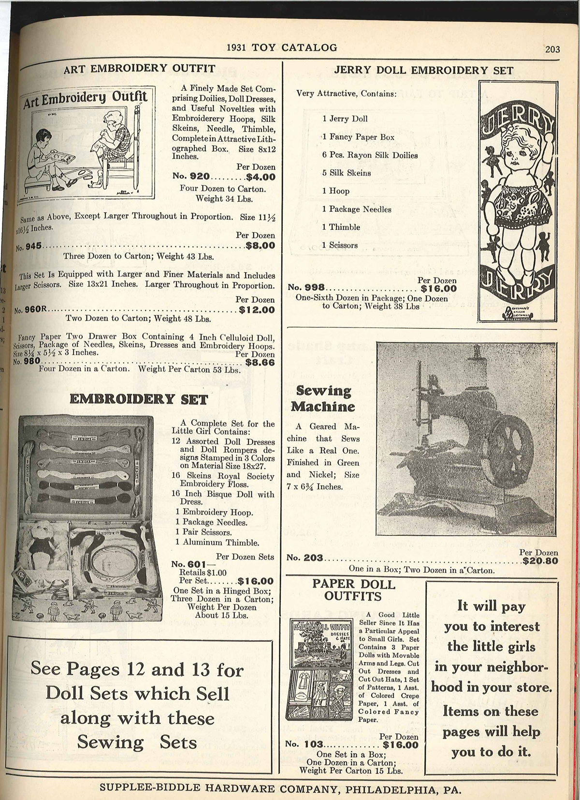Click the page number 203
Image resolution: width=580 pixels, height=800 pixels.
(551, 49)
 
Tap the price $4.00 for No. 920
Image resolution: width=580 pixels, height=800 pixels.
(261, 177)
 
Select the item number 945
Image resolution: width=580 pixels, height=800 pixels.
(33, 247)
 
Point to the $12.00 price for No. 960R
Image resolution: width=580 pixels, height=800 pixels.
(257, 310)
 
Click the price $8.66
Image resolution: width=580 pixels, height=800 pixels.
(260, 362)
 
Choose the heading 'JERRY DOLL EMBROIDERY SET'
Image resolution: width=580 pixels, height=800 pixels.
(423, 70)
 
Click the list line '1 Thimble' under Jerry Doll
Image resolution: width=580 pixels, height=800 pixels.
(341, 227)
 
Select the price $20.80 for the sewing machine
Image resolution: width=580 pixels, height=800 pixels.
(540, 561)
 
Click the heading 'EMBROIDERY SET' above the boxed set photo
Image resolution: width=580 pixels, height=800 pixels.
(139, 400)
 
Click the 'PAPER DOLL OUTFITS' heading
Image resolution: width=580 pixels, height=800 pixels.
(353, 590)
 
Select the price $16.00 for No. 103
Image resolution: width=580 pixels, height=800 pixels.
(401, 744)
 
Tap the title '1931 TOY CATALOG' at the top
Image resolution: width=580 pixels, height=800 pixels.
(282, 47)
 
